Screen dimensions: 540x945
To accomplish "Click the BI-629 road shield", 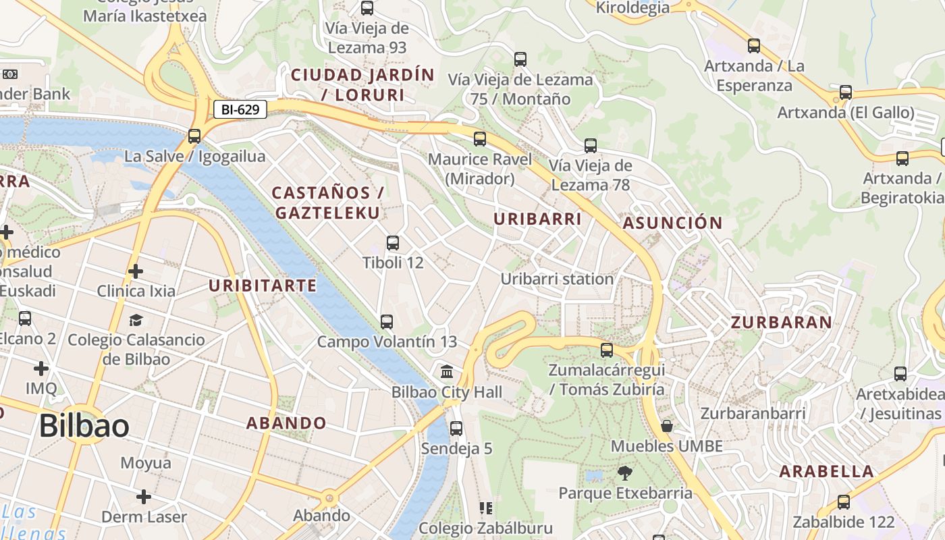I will pyautogui.click(x=240, y=109).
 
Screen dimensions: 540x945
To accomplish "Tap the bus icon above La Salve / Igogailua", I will pyautogui.click(x=194, y=136).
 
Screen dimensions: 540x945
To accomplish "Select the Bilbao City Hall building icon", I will pyautogui.click(x=447, y=372).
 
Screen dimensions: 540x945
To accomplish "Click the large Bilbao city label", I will pyautogui.click(x=84, y=427).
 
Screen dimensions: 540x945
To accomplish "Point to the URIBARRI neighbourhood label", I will pyautogui.click(x=537, y=219).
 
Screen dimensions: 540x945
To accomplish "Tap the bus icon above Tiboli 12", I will pyautogui.click(x=393, y=243).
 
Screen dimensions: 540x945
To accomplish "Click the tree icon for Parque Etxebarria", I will pyautogui.click(x=625, y=473).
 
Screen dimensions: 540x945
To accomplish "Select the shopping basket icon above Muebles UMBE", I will pyautogui.click(x=667, y=426).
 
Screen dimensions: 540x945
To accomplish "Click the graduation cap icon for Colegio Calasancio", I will pyautogui.click(x=136, y=320).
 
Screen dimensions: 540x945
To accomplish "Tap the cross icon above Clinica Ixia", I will pyautogui.click(x=136, y=271).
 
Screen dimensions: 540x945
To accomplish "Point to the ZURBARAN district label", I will pyautogui.click(x=782, y=323).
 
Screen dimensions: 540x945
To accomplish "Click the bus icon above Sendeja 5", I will pyautogui.click(x=456, y=429).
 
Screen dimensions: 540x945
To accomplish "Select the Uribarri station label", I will pyautogui.click(x=557, y=279).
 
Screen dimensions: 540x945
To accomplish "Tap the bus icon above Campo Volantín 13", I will pyautogui.click(x=387, y=322).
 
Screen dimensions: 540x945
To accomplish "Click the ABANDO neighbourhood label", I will pyautogui.click(x=286, y=423).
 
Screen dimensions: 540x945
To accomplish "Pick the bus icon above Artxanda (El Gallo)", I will pyautogui.click(x=845, y=92).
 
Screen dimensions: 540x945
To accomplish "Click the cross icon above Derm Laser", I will pyautogui.click(x=144, y=497).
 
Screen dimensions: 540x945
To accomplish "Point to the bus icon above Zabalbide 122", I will pyautogui.click(x=844, y=502).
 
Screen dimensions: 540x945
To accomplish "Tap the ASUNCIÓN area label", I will pyautogui.click(x=672, y=223).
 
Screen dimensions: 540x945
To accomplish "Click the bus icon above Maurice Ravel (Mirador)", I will pyautogui.click(x=480, y=140).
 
